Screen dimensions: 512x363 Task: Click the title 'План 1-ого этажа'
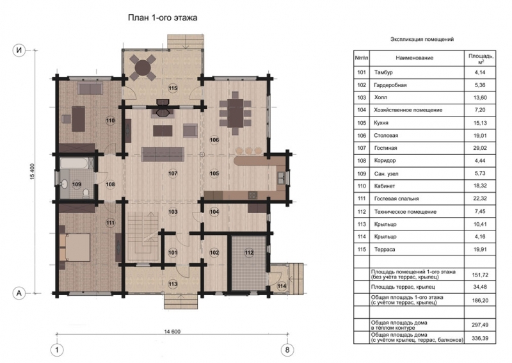point(163,17)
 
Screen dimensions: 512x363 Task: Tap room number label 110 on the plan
point(110,120)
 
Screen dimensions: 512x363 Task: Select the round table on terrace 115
point(143,68)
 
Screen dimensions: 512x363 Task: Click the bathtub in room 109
point(74,163)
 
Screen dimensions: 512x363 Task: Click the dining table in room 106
point(236,113)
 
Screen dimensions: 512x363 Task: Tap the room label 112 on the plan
point(249,253)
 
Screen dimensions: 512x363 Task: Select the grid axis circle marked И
point(19,51)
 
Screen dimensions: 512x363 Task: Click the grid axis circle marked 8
point(287,350)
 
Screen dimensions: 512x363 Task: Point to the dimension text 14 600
point(172,332)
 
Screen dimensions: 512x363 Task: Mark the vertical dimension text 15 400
point(33,172)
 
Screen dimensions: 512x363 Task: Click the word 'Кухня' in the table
point(381,123)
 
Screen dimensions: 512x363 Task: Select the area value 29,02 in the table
point(480,148)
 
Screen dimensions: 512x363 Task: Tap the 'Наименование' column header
point(414,58)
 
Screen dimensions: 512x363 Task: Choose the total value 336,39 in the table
point(480,338)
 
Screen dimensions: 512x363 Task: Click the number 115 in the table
point(362,249)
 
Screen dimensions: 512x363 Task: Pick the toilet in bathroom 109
point(86,193)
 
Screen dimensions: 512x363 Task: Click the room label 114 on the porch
point(282,286)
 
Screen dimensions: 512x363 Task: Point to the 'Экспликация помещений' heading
point(422,39)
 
